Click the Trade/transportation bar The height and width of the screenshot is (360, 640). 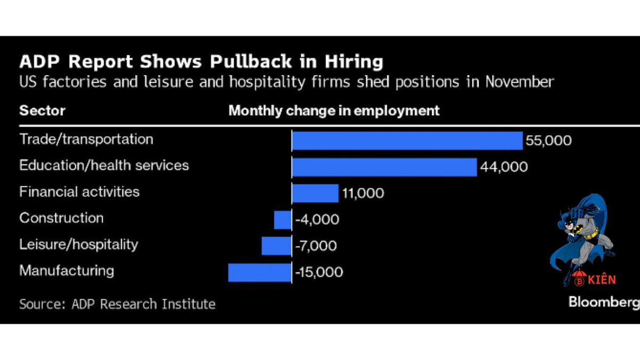pos(407,141)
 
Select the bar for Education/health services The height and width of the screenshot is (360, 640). pos(385,167)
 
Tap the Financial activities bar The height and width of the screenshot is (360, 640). pos(315,194)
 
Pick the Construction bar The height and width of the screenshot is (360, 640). pos(283,220)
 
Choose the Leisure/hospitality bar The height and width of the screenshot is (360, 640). pos(276,246)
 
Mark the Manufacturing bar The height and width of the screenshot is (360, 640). pos(260,273)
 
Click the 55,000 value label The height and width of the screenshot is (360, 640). pos(549,141)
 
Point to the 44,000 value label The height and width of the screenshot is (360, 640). pos(503,167)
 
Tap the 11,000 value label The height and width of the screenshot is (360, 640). pos(363,194)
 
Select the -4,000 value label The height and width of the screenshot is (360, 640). pos(317,220)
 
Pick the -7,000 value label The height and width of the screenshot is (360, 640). pos(316,246)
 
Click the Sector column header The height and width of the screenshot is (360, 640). pos(42,110)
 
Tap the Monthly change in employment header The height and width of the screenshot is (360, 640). pos(334,111)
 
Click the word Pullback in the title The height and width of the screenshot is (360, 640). pos(251,61)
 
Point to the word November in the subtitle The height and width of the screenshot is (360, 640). pos(519,82)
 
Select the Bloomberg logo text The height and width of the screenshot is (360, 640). pos(604,302)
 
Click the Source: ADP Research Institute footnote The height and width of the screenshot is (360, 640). pos(117,304)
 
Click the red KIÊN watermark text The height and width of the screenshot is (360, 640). pos(602,280)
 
